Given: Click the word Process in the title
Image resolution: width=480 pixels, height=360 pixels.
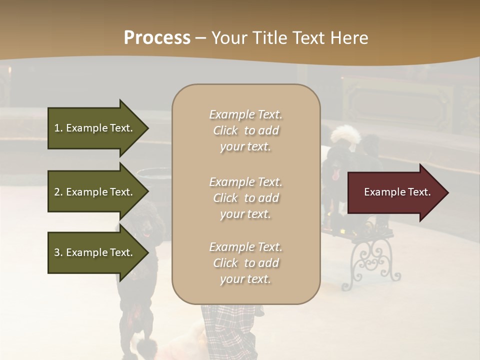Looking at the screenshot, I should point(157,38).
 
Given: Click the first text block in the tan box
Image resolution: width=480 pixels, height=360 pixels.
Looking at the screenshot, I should point(245,130).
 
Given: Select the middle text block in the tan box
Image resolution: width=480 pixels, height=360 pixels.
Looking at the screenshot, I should point(245,198).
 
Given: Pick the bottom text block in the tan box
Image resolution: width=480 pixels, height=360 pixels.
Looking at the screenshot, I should point(245,263).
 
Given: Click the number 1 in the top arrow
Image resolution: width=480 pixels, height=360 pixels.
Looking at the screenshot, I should point(57,128).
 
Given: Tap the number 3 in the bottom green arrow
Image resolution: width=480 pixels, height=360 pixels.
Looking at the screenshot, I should point(57,252).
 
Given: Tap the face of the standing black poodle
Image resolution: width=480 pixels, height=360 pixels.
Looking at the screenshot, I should point(145,228).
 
